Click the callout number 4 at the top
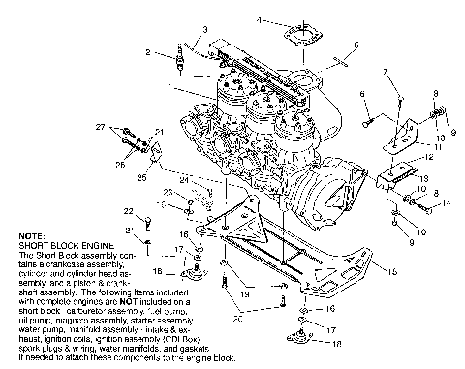click(x=260, y=19)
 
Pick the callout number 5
click(x=356, y=45)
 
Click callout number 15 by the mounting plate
click(x=393, y=273)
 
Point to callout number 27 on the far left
click(x=127, y=127)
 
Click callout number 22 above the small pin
click(x=127, y=210)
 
